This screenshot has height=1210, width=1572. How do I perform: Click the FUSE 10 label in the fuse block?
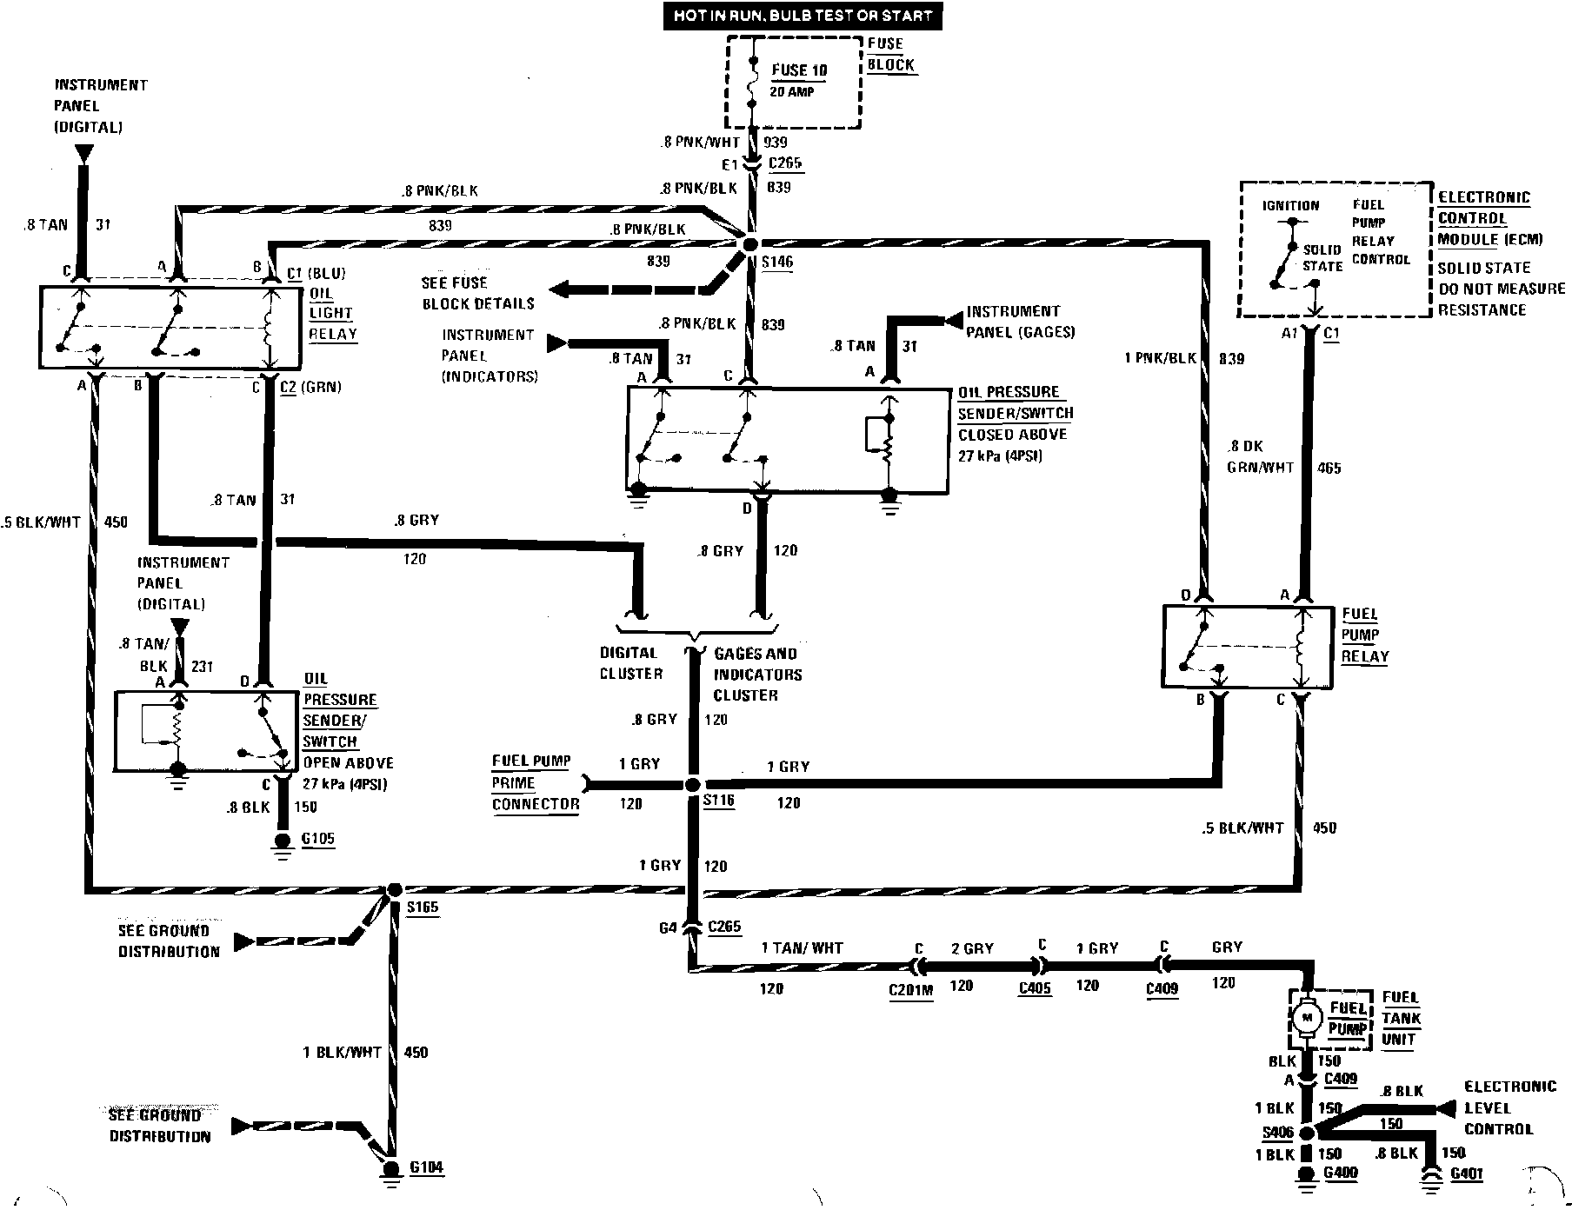click(799, 70)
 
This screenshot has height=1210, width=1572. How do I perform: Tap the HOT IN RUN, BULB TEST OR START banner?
click(803, 16)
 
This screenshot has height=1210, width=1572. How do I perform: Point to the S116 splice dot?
click(692, 785)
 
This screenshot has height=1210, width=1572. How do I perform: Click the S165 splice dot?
click(394, 890)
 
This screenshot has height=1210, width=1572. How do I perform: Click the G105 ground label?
click(316, 839)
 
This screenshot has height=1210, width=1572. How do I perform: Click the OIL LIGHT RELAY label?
click(332, 313)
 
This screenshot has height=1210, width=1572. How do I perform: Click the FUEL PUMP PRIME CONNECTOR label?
click(534, 782)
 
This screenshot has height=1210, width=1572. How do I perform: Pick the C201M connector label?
click(910, 990)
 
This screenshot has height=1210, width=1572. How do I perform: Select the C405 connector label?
click(1036, 988)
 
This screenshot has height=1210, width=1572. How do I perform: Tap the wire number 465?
click(1329, 469)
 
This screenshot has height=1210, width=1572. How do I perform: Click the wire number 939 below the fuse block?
click(776, 142)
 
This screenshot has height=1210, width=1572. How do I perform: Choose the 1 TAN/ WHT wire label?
click(802, 948)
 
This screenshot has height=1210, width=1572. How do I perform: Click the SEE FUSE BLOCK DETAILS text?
click(477, 293)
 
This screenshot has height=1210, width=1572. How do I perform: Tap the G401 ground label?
click(1466, 1174)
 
